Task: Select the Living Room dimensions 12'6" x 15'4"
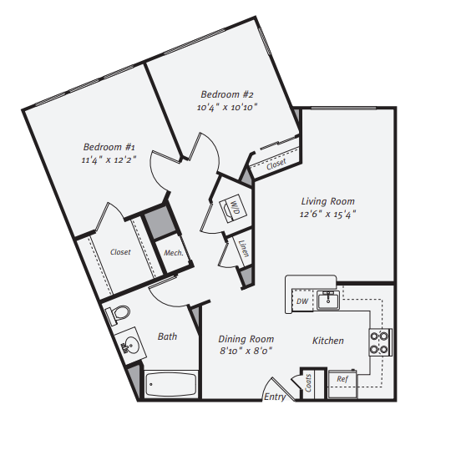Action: (x=328, y=215)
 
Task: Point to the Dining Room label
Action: (x=246, y=339)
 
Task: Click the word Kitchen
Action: (x=328, y=341)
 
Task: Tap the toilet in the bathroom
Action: (x=118, y=316)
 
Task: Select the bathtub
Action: (x=170, y=385)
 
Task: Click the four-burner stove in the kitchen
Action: (x=380, y=341)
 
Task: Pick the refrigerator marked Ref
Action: (x=342, y=379)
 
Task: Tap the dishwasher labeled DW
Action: (x=301, y=301)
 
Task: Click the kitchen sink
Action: (x=330, y=298)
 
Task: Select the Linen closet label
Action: (x=242, y=248)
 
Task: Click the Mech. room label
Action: (x=173, y=253)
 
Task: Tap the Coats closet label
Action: (x=309, y=385)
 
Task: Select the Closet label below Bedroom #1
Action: (x=119, y=251)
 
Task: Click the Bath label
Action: (x=167, y=336)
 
